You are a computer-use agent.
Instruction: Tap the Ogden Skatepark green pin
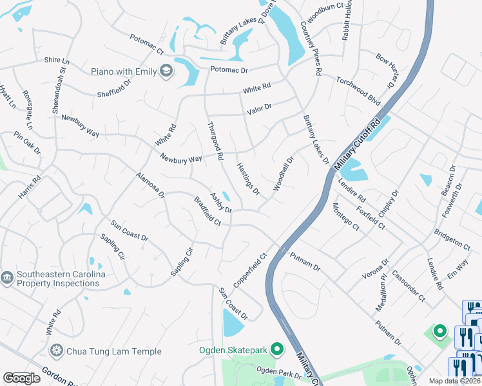pos(277,349)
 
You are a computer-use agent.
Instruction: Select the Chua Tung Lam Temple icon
pos(57,351)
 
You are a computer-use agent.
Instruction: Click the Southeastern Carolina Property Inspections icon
pos(7,278)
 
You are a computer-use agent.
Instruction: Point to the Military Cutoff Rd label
pos(363,143)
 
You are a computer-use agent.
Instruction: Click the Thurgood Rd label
pos(215,141)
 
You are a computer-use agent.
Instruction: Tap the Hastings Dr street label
pos(247,179)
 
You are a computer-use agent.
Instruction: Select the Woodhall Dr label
pos(283,174)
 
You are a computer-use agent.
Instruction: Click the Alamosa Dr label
pos(151,185)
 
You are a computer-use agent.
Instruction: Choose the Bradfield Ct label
pos(207,211)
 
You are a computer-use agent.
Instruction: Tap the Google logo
pos(21,378)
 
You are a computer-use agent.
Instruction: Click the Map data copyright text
pos(454,381)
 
